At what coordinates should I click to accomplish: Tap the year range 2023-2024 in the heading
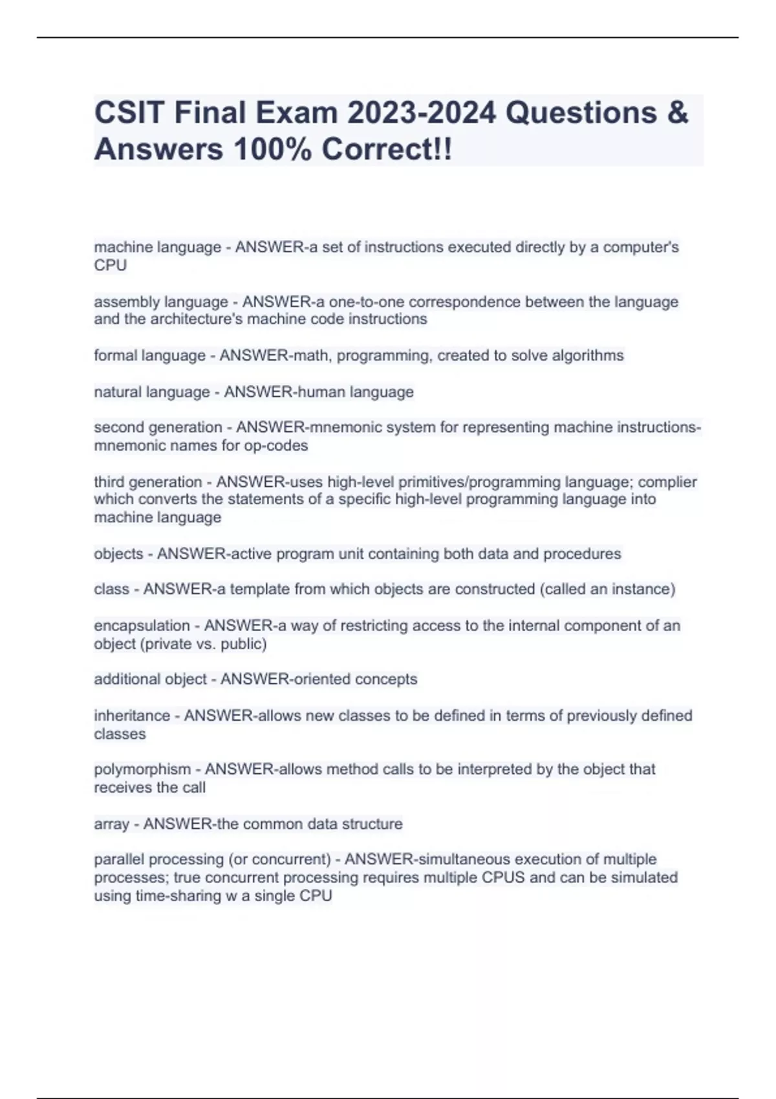[422, 112]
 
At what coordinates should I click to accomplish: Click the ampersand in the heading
[676, 112]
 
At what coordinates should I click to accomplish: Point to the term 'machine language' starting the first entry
[157, 248]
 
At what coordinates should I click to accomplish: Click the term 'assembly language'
[161, 302]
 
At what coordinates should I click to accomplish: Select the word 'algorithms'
[588, 356]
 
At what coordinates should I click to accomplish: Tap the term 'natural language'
[152, 392]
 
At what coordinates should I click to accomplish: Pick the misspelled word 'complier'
[673, 482]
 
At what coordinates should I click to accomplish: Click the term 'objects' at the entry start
[118, 554]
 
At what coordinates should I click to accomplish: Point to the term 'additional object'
[151, 679]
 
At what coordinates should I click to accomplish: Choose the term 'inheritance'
[132, 716]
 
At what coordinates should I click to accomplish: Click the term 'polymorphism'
[142, 769]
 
